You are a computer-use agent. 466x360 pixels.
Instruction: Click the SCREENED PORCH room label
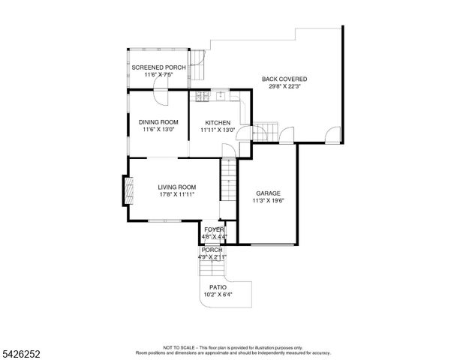[158, 67]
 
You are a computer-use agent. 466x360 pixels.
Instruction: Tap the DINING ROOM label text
[158, 122]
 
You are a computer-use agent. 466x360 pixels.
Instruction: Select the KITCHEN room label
[218, 122]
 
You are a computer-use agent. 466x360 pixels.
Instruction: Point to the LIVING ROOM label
[176, 187]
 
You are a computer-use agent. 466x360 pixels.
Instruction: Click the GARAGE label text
[268, 193]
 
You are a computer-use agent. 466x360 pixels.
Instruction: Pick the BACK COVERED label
[284, 79]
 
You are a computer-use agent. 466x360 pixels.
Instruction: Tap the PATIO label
[218, 287]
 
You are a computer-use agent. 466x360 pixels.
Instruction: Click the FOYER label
[215, 229]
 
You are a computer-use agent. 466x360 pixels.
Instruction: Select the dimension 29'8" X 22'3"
[284, 86]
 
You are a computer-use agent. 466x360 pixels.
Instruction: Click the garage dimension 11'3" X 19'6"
[268, 200]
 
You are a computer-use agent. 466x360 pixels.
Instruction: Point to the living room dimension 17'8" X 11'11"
[176, 194]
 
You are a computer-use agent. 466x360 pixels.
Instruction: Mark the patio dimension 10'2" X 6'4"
[218, 295]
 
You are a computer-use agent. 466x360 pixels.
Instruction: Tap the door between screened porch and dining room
[159, 94]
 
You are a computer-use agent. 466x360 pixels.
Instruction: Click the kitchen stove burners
[203, 97]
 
